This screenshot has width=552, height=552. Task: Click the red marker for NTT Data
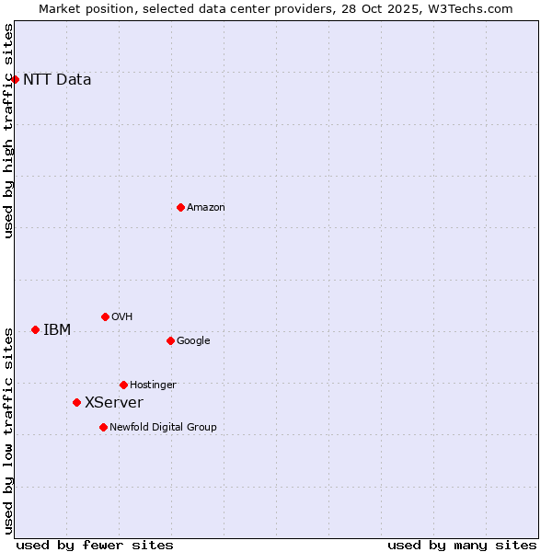click(15, 79)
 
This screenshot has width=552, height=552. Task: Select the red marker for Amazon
click(180, 207)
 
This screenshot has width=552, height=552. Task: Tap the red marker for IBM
click(35, 329)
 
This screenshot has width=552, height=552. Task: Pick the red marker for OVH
click(105, 316)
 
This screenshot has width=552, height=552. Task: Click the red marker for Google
click(170, 340)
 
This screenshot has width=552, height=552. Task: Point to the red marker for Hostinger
click(123, 385)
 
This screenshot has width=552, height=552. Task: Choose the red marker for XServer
click(76, 402)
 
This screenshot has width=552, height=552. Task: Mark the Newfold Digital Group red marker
click(103, 427)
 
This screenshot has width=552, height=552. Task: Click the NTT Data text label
click(57, 79)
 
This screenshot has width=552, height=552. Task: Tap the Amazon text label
click(206, 207)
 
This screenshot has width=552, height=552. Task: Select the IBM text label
click(57, 329)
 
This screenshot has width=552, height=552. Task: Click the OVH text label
click(122, 316)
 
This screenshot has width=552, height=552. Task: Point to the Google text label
click(193, 340)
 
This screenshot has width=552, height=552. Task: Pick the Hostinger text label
click(153, 385)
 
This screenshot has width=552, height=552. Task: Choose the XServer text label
click(114, 402)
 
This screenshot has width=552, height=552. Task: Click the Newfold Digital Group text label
click(163, 427)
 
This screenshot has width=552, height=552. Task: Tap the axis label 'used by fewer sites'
click(95, 545)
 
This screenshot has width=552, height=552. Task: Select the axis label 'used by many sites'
click(462, 545)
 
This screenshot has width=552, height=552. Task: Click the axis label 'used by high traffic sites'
click(8, 131)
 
